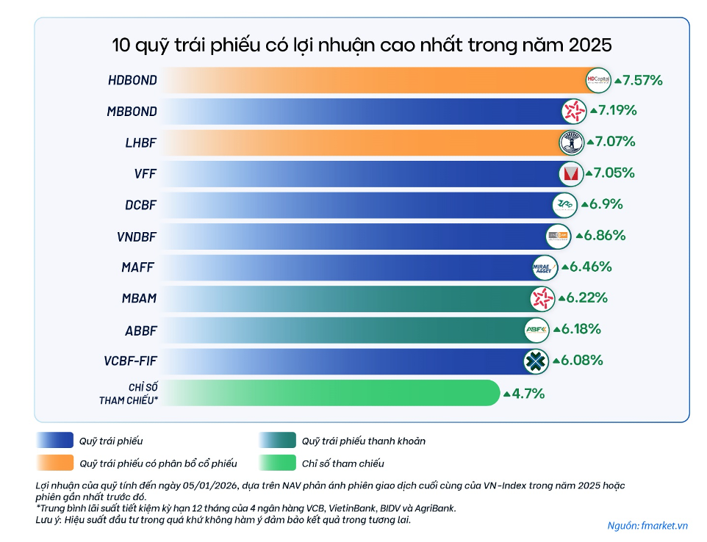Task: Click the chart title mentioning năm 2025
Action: [x=362, y=45]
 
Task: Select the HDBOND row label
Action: [x=132, y=80]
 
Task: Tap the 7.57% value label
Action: [x=642, y=79]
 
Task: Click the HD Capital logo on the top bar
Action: [x=598, y=80]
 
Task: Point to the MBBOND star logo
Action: [x=573, y=111]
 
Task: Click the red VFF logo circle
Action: [x=570, y=173]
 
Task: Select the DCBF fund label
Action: [x=140, y=205]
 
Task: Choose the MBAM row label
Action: [x=139, y=299]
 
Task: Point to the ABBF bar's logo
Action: [x=536, y=330]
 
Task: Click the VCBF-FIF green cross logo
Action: [x=535, y=361]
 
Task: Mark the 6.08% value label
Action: [x=582, y=361]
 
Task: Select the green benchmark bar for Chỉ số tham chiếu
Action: [x=330, y=393]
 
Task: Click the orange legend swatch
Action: [x=54, y=463]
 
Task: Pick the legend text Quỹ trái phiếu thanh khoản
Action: [x=363, y=441]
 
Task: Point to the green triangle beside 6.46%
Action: [x=565, y=267]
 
